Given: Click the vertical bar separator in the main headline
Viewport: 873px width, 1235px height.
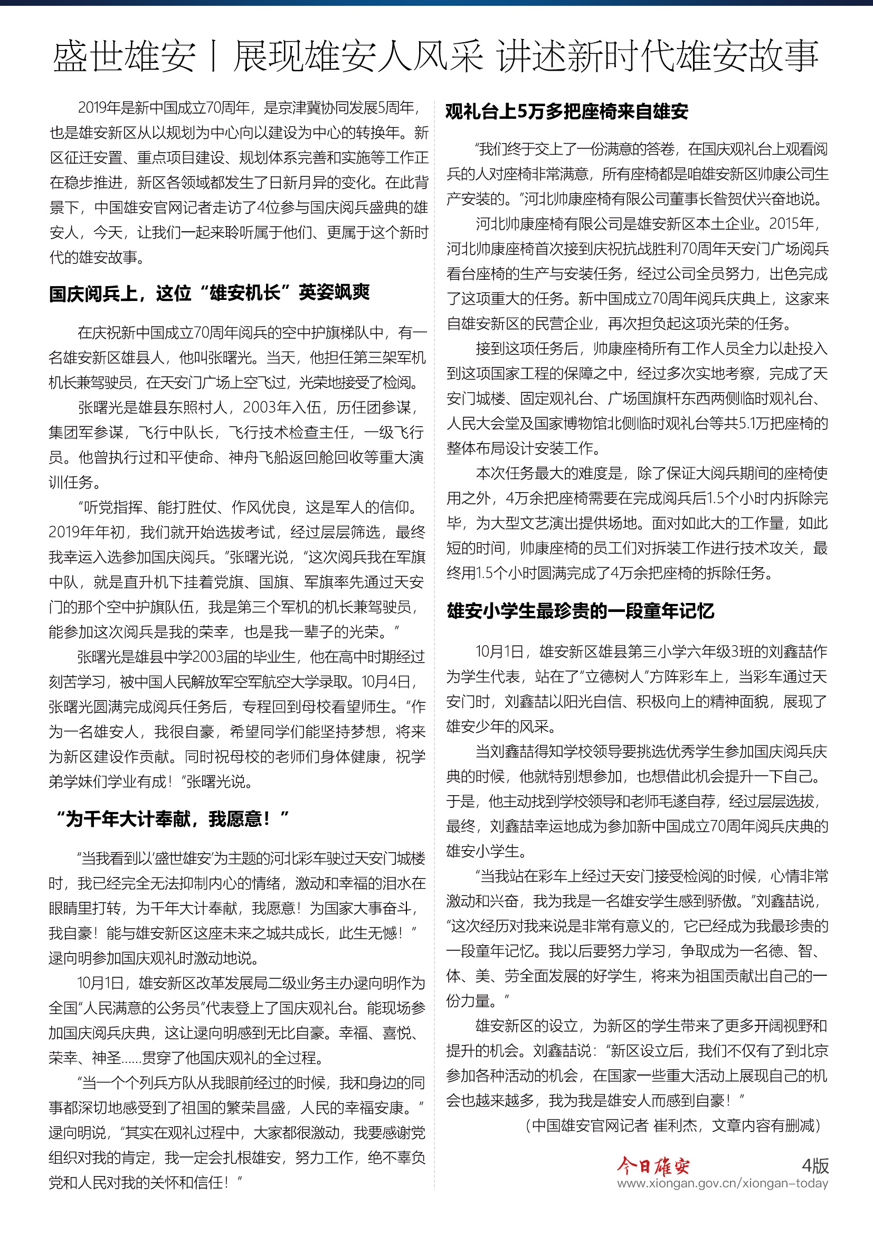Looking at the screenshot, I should (x=214, y=56).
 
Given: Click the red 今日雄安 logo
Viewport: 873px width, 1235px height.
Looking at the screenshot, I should (x=652, y=1166).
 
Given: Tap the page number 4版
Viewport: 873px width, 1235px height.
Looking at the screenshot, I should (x=815, y=1166).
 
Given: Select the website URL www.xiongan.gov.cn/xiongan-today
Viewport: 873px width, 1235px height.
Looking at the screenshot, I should (x=722, y=1184).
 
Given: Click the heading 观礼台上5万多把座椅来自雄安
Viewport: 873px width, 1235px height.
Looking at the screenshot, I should (x=566, y=111).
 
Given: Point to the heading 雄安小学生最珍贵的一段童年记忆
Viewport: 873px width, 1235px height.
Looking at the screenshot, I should (x=580, y=611).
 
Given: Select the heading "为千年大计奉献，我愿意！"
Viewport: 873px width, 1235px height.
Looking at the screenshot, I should (x=172, y=819).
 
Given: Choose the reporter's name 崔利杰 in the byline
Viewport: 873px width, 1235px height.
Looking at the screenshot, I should (x=675, y=1126).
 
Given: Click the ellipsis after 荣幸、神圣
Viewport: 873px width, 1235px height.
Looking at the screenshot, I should (x=132, y=1058).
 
